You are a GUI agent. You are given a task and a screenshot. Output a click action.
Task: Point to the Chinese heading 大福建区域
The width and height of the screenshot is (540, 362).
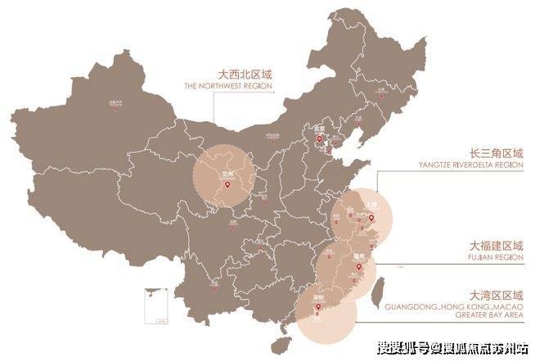[x=493, y=245]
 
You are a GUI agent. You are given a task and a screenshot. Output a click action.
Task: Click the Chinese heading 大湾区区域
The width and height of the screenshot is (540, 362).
[x=493, y=294]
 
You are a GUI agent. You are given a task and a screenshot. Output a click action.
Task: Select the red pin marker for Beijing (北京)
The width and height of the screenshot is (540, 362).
[x=321, y=140]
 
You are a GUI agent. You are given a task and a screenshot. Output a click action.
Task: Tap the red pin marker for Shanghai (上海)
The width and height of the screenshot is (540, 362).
[x=370, y=218]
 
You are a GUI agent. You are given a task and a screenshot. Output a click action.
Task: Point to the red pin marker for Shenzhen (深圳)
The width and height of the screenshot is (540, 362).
[x=319, y=309]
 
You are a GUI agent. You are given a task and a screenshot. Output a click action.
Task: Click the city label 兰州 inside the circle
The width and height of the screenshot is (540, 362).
[x=227, y=174]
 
